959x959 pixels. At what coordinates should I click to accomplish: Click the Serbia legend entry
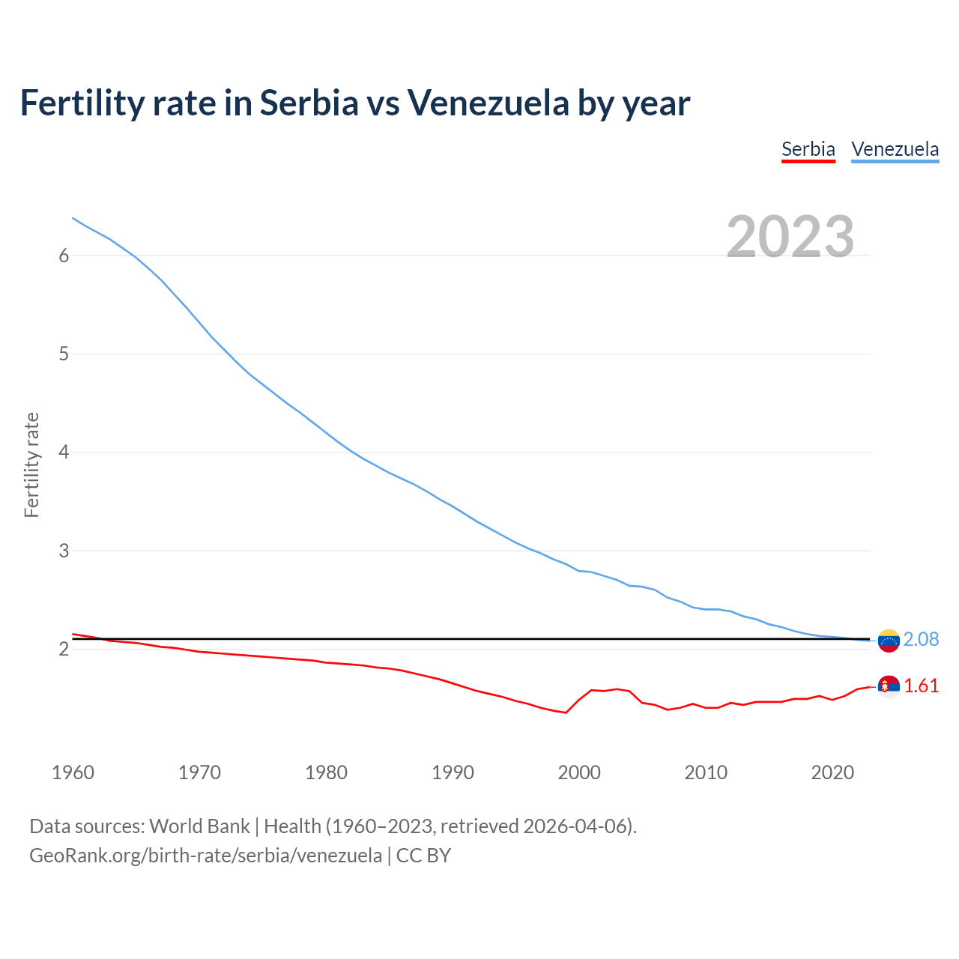(808, 149)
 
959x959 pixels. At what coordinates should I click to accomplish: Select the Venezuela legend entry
(895, 149)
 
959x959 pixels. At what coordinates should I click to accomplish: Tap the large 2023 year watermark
(790, 237)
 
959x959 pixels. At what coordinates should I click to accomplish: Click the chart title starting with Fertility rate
(354, 103)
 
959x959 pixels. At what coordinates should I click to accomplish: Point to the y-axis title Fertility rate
(31, 465)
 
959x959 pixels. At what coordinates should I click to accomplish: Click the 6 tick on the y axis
(64, 255)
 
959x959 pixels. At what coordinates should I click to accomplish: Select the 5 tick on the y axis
(64, 354)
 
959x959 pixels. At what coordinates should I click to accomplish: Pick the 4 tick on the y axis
(64, 453)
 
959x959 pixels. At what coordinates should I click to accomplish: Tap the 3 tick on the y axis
(64, 551)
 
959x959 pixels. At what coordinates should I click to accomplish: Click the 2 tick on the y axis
(64, 649)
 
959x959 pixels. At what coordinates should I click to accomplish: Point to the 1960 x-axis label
(73, 772)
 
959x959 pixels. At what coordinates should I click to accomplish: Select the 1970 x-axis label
(199, 772)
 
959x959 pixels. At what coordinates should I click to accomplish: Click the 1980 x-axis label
(326, 772)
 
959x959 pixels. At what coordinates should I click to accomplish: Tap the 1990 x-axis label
(453, 772)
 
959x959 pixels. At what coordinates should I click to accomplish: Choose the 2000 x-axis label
(579, 772)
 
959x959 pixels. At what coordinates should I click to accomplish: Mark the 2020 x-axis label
(832, 772)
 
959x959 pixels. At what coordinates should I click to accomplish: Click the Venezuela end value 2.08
(921, 639)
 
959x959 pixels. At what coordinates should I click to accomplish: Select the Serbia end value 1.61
(921, 686)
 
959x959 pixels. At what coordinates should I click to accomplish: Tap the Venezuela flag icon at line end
(889, 641)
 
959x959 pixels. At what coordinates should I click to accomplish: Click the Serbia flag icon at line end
(889, 686)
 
